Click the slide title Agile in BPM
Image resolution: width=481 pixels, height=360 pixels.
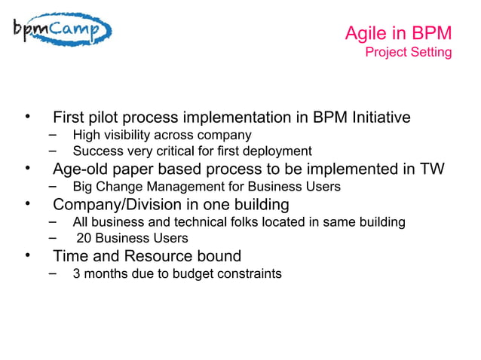(398, 34)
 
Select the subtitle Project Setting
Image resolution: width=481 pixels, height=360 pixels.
(408, 52)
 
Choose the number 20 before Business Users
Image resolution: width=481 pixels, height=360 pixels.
(84, 239)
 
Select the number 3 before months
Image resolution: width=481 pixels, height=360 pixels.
(76, 273)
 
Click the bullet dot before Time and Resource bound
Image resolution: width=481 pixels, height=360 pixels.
(28, 255)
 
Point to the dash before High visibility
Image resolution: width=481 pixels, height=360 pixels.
(52, 134)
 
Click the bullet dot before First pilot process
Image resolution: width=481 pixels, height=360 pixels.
(28, 117)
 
